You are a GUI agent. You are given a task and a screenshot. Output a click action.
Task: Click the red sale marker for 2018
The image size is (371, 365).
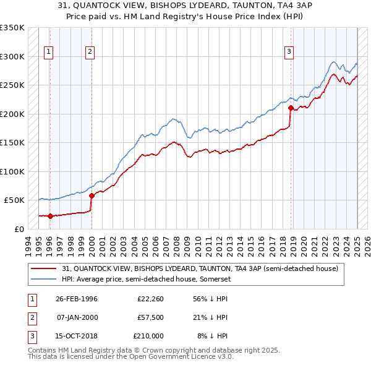point(291,108)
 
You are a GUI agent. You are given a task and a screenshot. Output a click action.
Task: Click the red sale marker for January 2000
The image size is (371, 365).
point(92,195)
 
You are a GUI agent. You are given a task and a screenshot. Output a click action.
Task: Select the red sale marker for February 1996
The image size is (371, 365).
point(50,216)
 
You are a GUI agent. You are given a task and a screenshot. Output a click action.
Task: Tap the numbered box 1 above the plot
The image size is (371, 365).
point(48,52)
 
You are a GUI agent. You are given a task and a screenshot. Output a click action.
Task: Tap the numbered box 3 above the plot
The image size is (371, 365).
point(289,52)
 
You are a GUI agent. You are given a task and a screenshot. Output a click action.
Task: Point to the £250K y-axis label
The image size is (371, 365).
point(12,85)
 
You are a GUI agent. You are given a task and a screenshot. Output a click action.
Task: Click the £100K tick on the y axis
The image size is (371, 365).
point(12,171)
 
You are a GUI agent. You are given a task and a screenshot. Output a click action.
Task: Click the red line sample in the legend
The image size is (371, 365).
point(44,269)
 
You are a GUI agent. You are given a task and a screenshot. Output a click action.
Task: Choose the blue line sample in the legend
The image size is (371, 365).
point(44,279)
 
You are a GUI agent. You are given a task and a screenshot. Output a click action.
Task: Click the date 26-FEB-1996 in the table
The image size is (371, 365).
point(77,298)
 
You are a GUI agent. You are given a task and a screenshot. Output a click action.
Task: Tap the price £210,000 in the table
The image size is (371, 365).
point(148,336)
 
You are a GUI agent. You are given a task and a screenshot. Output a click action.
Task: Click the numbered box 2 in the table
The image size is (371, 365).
point(32,317)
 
